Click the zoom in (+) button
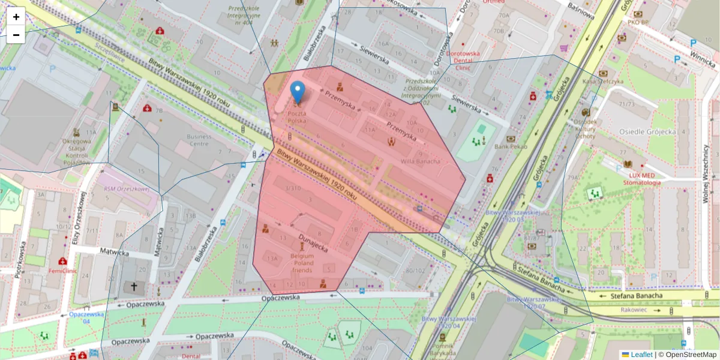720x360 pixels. coord(16,17)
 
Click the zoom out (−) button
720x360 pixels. coord(16,35)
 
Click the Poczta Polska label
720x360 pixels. coord(297,117)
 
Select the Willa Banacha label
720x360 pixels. coord(420,161)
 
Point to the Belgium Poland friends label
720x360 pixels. coord(302,263)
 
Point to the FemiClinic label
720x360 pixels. coord(64,271)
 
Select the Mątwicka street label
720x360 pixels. coord(115,253)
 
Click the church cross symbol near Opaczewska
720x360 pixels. coord(134,287)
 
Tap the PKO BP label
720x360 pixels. coord(638,23)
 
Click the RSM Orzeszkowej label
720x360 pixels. coord(126,188)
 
